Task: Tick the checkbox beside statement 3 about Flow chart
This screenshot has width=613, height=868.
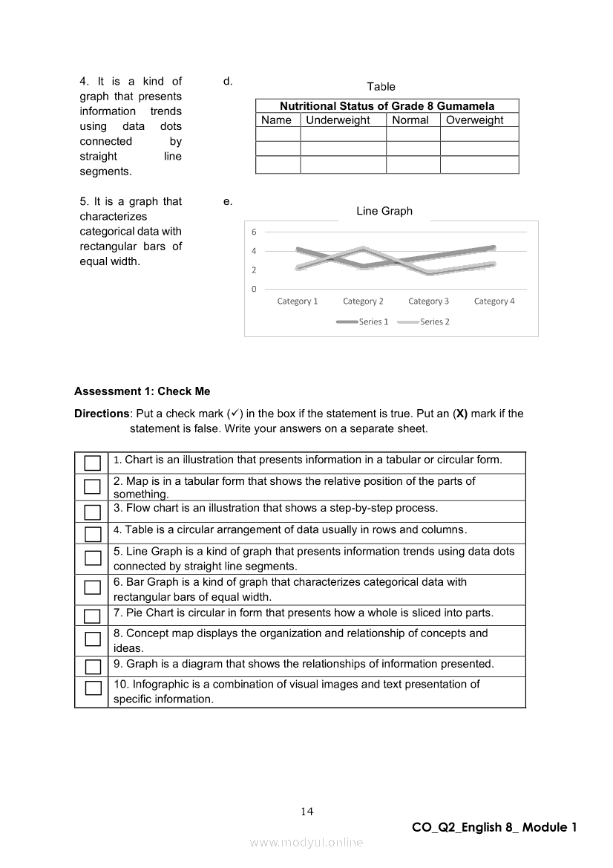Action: tap(92, 512)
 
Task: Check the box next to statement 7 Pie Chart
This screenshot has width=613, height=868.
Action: tap(92, 616)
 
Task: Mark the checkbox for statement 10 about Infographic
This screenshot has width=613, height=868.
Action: tap(92, 688)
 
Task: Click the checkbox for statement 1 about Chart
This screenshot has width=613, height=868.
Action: tap(92, 463)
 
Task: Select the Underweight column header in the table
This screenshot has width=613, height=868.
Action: tap(338, 120)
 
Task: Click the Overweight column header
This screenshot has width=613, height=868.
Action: tap(474, 120)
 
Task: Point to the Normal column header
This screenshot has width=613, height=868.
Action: tap(410, 120)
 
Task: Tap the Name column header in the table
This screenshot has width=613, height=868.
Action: tap(277, 120)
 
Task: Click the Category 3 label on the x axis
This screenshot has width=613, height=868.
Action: tap(429, 301)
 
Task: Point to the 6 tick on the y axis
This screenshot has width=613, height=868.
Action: tap(254, 231)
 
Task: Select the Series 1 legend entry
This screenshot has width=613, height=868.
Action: tap(363, 322)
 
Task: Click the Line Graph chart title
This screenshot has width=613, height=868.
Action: tap(384, 212)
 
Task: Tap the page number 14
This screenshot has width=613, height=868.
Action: tap(307, 812)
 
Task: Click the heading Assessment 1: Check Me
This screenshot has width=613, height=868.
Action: tap(142, 391)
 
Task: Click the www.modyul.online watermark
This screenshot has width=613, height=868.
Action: tap(306, 842)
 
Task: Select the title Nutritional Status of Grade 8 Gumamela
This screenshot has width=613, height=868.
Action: tap(387, 106)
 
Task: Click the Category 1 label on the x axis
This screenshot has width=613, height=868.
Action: tap(298, 301)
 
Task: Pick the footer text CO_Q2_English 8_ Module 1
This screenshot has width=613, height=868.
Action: tap(494, 827)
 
